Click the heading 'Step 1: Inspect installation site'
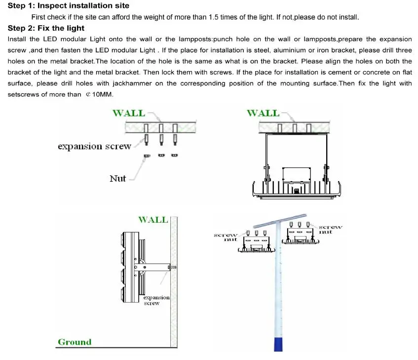coord(69,6)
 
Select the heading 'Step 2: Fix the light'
coord(46,28)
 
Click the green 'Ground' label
coord(75,342)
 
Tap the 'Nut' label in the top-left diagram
coord(117,178)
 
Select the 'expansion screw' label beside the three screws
coord(94,146)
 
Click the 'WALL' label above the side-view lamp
coord(152,220)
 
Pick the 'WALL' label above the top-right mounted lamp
coord(263,113)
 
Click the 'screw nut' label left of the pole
coord(226,237)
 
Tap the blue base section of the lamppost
coord(278,341)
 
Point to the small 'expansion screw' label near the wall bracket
coord(156,300)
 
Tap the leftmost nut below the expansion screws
coord(147,156)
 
